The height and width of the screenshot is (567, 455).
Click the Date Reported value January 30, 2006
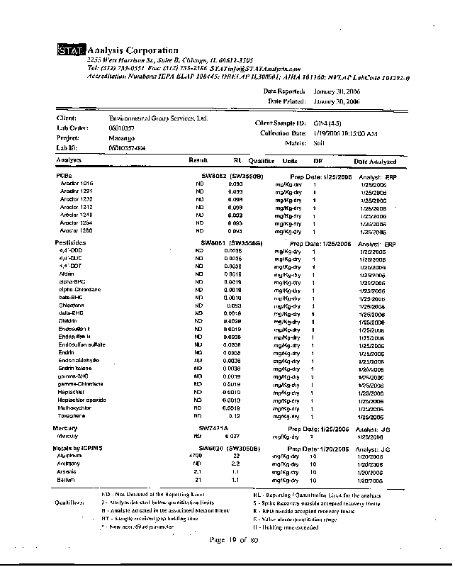pyautogui.click(x=337, y=91)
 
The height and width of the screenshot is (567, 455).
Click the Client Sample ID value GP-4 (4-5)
pyautogui.click(x=330, y=123)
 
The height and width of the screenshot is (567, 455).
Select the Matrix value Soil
pyautogui.click(x=319, y=142)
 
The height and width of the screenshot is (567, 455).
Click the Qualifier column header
pyautogui.click(x=261, y=162)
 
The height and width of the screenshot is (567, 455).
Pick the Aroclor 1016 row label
pyautogui.click(x=77, y=184)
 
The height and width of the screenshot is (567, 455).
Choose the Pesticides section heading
pyautogui.click(x=70, y=243)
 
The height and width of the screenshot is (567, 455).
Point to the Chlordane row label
pyautogui.click(x=72, y=306)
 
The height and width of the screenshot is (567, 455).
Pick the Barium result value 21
pyautogui.click(x=198, y=480)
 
